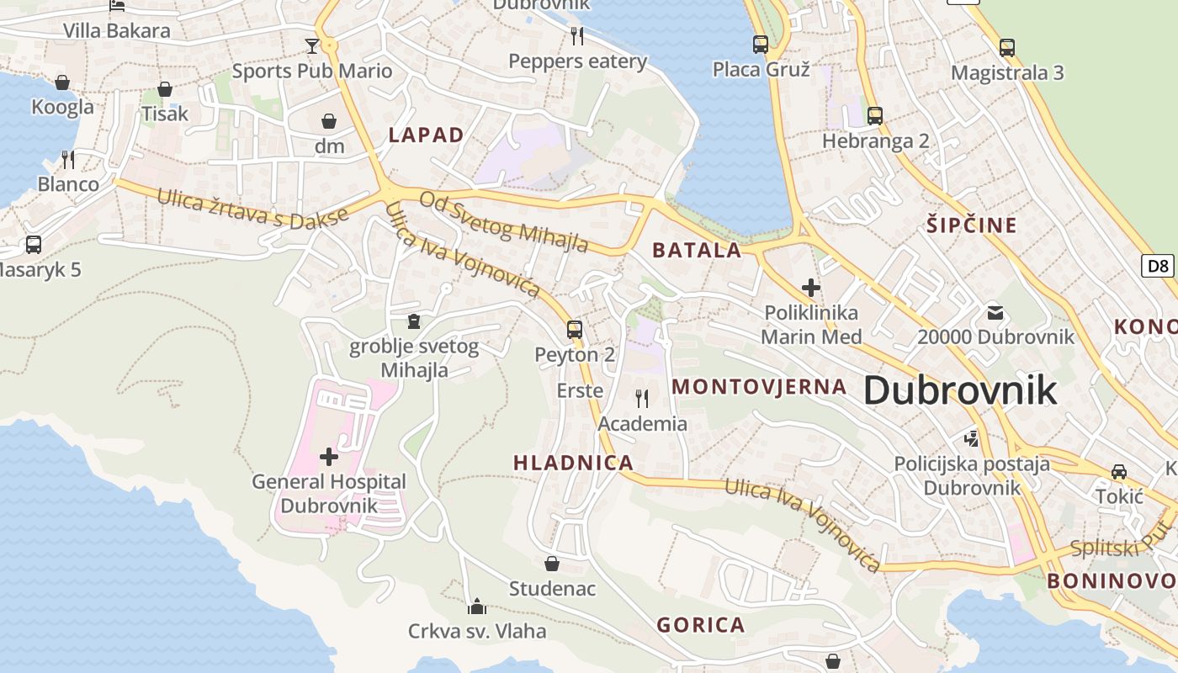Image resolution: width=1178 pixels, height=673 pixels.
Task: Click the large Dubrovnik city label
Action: [x=960, y=390]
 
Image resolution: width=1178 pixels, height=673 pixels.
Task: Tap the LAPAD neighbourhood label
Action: [x=426, y=135]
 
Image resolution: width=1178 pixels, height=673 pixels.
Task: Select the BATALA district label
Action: [x=697, y=250]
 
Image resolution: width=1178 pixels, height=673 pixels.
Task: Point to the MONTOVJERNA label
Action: [x=759, y=387]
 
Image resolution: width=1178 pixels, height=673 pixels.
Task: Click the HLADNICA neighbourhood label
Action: [x=573, y=463]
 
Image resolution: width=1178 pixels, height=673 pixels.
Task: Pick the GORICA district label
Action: [x=701, y=625]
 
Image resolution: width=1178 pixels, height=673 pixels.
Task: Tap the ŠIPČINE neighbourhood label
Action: [x=972, y=225]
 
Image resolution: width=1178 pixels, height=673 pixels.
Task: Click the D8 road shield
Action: [x=1159, y=267]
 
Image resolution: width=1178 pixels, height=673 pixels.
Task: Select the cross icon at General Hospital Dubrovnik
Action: [x=329, y=457]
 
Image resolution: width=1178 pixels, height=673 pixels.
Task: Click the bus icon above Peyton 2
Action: [x=575, y=329]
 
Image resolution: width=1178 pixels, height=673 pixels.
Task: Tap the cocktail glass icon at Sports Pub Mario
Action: [x=312, y=45]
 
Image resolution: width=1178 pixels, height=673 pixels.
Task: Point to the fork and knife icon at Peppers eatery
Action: [x=577, y=35]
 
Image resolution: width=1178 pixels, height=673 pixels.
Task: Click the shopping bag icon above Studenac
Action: [x=552, y=564]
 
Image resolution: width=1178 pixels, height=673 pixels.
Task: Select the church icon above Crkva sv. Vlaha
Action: [x=477, y=606]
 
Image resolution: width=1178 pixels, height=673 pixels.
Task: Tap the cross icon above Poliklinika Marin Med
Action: [x=811, y=288]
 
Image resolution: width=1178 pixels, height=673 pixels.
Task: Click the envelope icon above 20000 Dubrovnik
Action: [x=995, y=313]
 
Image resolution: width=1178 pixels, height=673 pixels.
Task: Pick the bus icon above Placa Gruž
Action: [x=761, y=44]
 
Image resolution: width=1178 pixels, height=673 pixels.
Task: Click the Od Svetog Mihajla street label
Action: [x=503, y=221]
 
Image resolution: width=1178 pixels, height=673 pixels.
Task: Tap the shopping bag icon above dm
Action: [x=329, y=121]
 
